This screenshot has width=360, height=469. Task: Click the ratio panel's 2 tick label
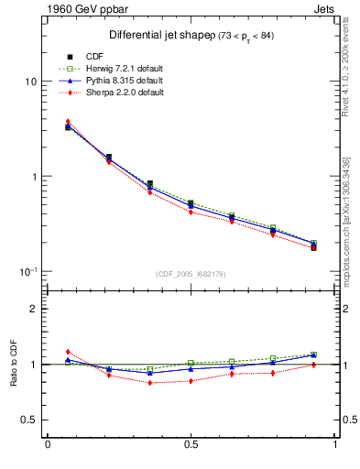click(33, 310)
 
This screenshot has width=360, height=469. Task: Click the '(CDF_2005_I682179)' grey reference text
click(191, 275)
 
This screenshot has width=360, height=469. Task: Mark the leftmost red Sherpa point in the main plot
click(68, 122)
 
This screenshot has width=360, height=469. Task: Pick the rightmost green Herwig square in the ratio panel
click(313, 354)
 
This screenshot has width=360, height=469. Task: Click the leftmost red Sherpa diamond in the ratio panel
click(68, 352)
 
